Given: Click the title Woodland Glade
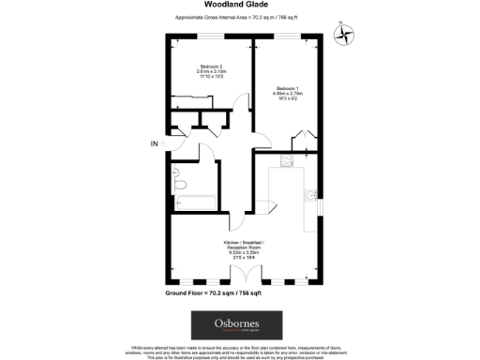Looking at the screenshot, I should pos(239,5).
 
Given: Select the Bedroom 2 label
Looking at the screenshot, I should pos(211,65).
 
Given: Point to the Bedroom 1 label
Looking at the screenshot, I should pos(288,88).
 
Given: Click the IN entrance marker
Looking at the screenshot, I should pos(155,143).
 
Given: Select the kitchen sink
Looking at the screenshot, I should pos(310,196).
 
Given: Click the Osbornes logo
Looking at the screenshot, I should pos(239,324).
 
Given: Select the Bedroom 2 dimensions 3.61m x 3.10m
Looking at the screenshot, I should pos(211,73).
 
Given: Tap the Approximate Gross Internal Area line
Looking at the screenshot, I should pos(239,18).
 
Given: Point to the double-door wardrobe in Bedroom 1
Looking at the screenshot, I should pos(303,142).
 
